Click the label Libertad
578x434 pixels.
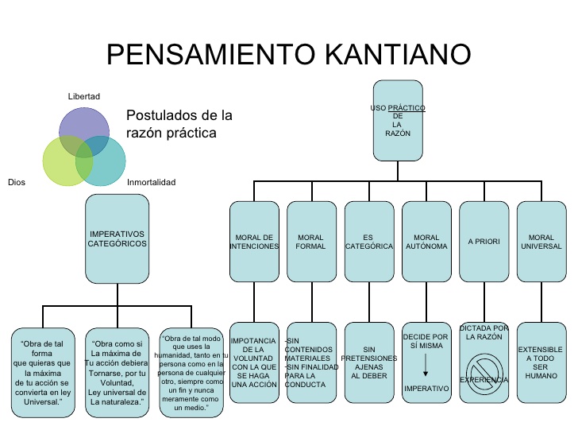[x=83, y=96]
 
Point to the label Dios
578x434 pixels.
[x=16, y=183]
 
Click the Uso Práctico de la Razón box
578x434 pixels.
[x=399, y=119]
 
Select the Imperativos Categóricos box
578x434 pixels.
[x=117, y=239]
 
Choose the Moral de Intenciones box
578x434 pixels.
[x=254, y=242]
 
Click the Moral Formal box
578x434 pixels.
[x=310, y=242]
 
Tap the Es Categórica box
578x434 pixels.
[x=368, y=242]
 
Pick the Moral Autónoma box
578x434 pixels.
[x=426, y=242]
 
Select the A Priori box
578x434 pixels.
[x=484, y=242]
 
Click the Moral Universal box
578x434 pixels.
[x=541, y=242]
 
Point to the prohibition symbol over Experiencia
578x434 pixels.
[x=484, y=371]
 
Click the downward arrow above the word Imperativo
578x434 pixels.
[x=426, y=366]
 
